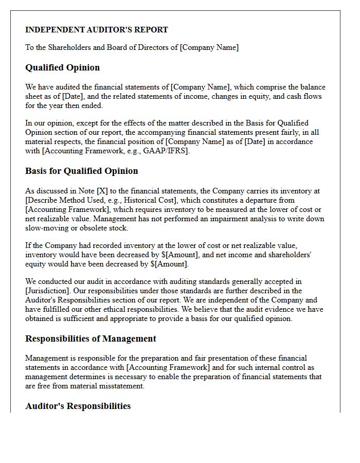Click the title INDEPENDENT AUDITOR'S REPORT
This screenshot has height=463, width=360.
(x=97, y=30)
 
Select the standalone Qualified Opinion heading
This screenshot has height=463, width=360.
(x=62, y=67)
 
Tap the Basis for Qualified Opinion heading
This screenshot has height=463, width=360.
(x=81, y=171)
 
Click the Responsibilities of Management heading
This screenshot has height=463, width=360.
(x=91, y=339)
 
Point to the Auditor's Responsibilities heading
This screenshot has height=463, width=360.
(x=78, y=406)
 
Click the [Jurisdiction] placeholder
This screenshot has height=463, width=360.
(x=47, y=291)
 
